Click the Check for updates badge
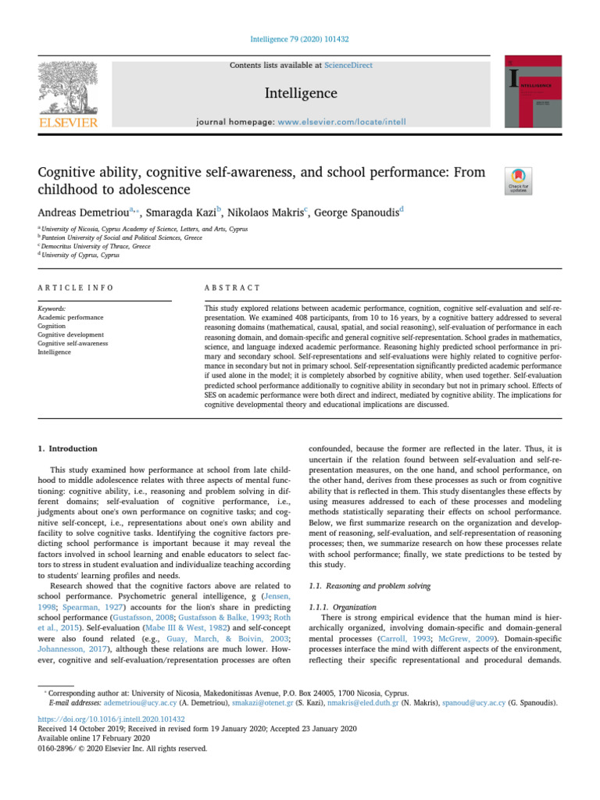point(520,180)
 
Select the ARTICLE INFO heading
point(75,287)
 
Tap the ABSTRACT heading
point(227,287)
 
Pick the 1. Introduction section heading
point(68,449)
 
